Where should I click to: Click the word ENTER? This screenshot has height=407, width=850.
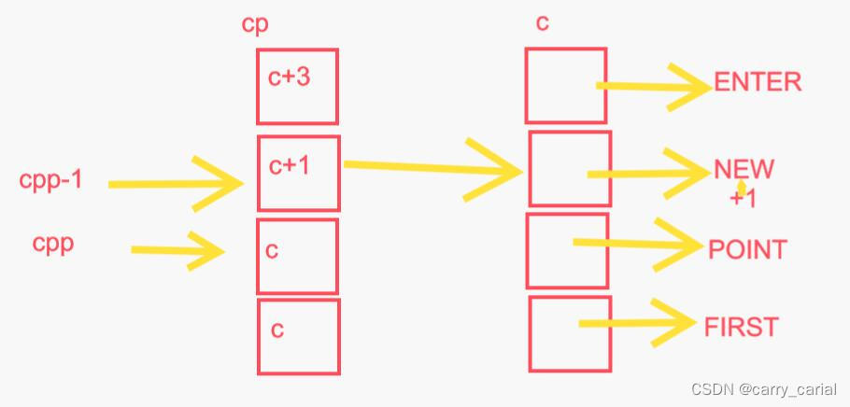(x=758, y=82)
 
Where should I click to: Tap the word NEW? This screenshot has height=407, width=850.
(x=744, y=170)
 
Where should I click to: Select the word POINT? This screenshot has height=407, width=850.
(x=747, y=250)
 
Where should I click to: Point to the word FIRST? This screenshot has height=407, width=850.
(x=741, y=327)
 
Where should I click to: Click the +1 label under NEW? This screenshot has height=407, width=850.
(x=744, y=199)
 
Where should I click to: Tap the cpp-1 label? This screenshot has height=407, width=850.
(x=50, y=180)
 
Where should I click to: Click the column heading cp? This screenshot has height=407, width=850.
(x=254, y=24)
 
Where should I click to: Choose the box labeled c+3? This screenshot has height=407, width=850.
(x=297, y=87)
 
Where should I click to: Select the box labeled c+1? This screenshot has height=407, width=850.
(x=298, y=173)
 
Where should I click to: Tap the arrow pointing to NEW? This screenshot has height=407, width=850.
(x=649, y=173)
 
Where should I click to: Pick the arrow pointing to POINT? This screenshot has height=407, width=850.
(x=640, y=244)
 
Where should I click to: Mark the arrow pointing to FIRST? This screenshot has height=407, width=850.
(x=640, y=323)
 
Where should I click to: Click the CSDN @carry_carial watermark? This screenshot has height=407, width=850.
(x=763, y=389)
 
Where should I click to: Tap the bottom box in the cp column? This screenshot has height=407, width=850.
(x=298, y=336)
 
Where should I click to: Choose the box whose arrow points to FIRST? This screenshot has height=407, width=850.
(x=568, y=333)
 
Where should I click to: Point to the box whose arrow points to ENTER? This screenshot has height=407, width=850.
(x=565, y=86)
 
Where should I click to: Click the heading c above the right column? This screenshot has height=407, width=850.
(x=542, y=23)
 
